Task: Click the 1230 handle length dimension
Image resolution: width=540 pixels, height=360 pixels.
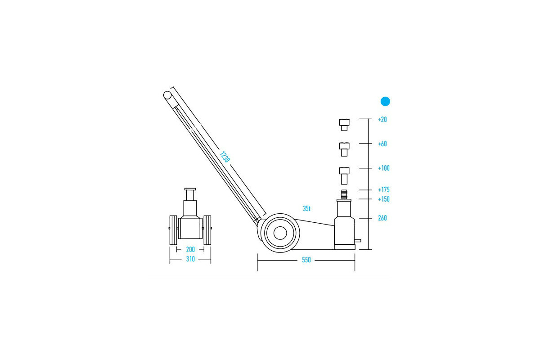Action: (x=225, y=157)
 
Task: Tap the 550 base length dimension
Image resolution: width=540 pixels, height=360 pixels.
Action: (x=306, y=260)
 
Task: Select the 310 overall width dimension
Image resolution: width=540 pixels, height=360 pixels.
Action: (x=190, y=259)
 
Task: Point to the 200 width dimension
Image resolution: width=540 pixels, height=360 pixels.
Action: (x=190, y=249)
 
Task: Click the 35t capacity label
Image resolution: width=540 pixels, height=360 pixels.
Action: (x=306, y=208)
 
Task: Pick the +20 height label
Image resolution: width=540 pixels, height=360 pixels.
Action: (x=382, y=120)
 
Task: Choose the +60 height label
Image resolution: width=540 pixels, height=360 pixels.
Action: (x=382, y=144)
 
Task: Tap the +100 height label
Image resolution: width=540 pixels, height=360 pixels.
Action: (x=383, y=168)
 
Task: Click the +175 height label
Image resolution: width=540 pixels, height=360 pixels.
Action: (x=383, y=190)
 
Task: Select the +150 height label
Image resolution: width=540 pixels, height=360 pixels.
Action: (x=383, y=199)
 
